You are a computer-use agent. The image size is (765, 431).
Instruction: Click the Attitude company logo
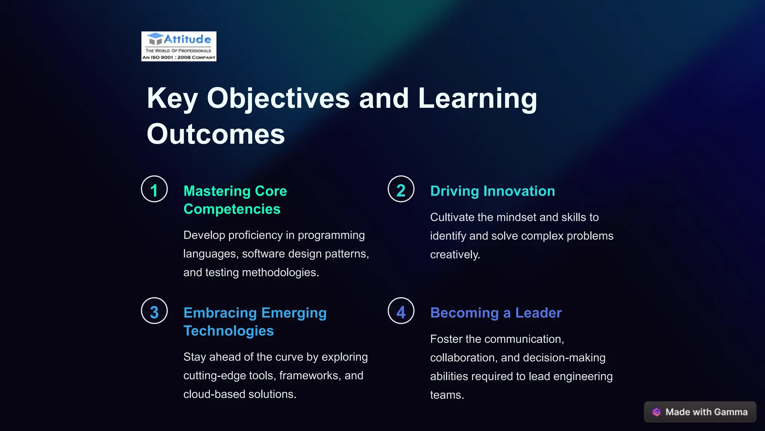(179, 46)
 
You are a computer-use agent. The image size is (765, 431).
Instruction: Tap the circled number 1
(154, 189)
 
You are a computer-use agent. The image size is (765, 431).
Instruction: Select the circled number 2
(401, 189)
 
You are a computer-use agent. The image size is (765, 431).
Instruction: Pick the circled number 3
(154, 311)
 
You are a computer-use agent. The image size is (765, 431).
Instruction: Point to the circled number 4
(401, 311)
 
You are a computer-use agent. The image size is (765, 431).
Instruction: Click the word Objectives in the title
(278, 98)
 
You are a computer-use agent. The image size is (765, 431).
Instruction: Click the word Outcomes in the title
(216, 134)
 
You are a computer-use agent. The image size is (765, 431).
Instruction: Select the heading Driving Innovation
(492, 191)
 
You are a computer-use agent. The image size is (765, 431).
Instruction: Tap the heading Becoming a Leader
(496, 313)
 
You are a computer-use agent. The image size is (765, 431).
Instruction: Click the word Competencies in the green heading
(232, 209)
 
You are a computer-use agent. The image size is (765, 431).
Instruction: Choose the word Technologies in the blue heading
(229, 331)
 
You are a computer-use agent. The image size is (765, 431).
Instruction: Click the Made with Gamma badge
(700, 412)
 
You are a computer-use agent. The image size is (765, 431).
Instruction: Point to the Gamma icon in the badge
(656, 412)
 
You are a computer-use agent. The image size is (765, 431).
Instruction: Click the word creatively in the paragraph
(455, 255)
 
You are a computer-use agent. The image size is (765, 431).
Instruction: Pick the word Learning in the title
(477, 98)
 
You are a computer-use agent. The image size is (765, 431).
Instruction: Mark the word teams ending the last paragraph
(446, 395)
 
